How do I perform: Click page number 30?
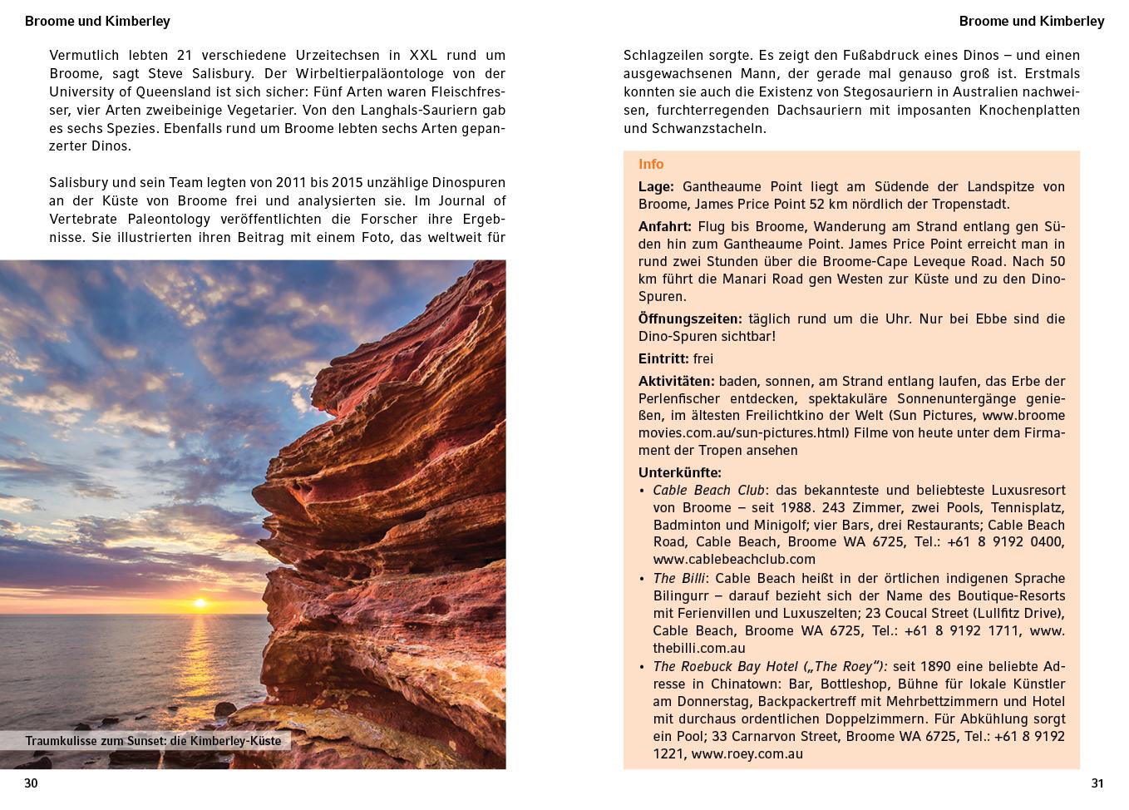[32, 783]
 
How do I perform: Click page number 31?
[1097, 783]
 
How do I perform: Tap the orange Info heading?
[651, 165]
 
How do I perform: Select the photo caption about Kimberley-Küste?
[153, 741]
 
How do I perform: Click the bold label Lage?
[656, 187]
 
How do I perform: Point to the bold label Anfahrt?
[665, 226]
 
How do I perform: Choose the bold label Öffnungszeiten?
[690, 319]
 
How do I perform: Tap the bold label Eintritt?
[663, 358]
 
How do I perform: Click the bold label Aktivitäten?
[677, 381]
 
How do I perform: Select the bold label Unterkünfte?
[680, 473]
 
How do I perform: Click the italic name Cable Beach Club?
[708, 490]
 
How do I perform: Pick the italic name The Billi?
[679, 578]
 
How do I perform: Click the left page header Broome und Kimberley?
[97, 21]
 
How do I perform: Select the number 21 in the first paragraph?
[185, 56]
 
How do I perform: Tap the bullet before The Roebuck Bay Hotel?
[642, 667]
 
